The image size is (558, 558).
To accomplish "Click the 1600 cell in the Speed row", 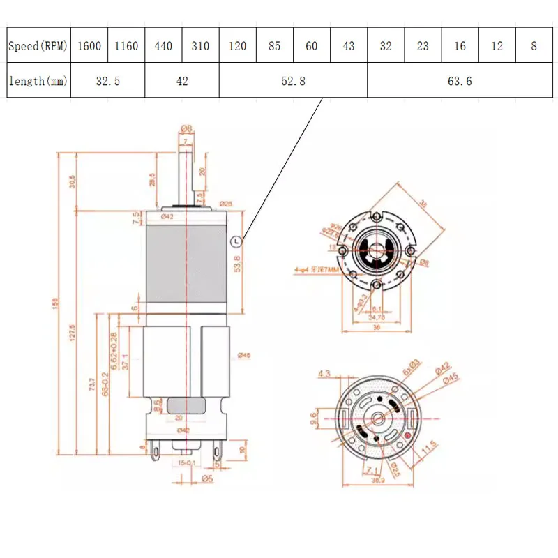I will click(x=89, y=47).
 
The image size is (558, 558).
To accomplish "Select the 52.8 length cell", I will click(x=293, y=81).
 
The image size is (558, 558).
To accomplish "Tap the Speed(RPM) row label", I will click(x=38, y=47).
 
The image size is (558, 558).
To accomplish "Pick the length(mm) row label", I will click(x=38, y=81).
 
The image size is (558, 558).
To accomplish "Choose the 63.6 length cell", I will click(x=460, y=81).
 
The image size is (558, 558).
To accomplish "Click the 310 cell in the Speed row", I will click(x=200, y=47).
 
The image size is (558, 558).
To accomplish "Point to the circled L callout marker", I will click(x=235, y=241).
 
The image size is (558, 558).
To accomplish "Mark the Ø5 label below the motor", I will click(x=206, y=478).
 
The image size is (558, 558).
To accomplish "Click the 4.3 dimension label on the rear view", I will click(x=324, y=374).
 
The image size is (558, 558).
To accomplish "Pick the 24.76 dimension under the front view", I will click(x=376, y=317).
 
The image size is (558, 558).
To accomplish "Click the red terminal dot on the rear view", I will click(x=407, y=436).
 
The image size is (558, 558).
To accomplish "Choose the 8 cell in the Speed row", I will click(x=534, y=47).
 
